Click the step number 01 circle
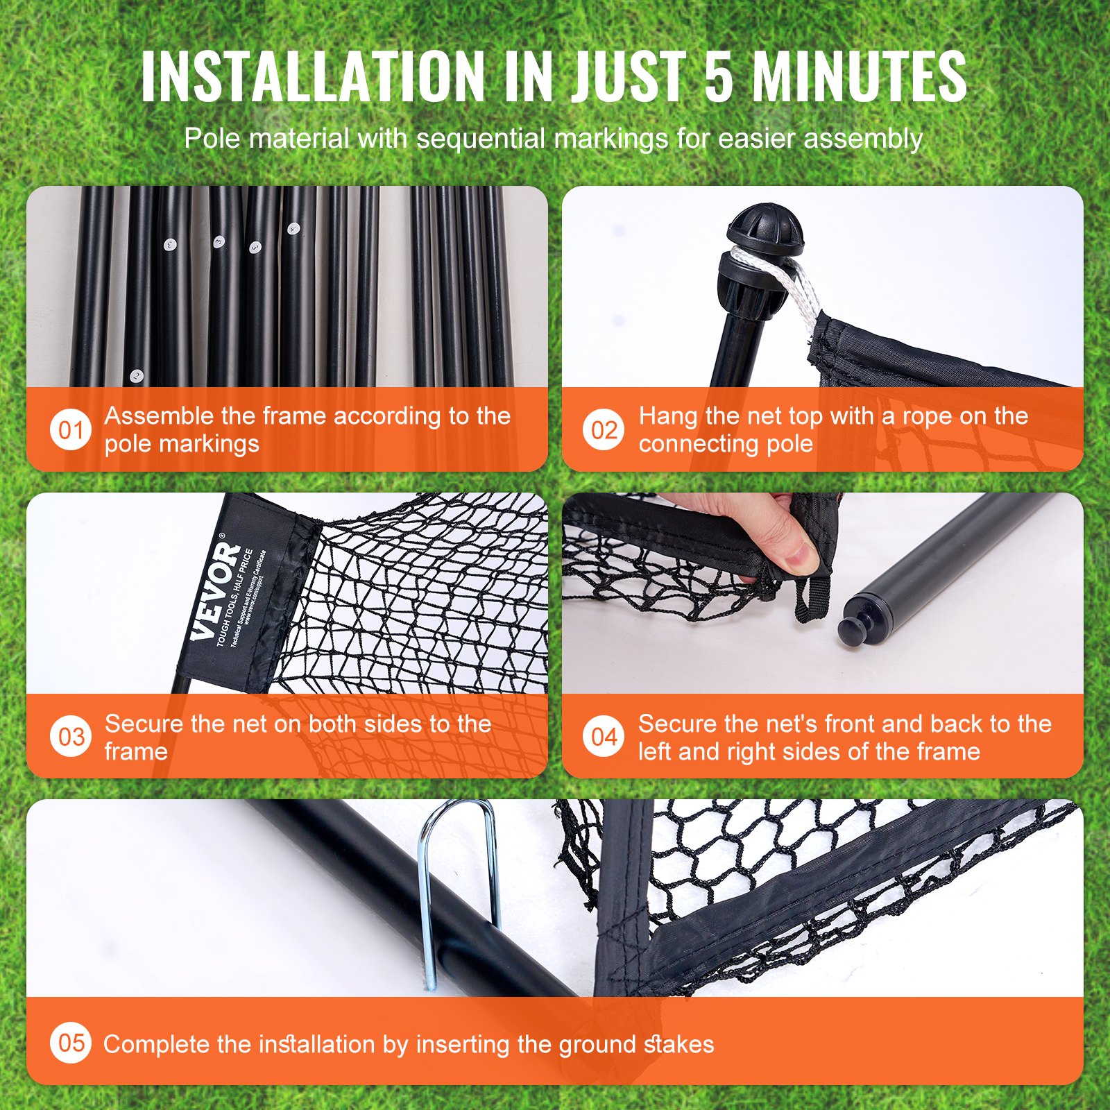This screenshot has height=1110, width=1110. coord(71,430)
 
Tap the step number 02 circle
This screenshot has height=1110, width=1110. coord(604,430)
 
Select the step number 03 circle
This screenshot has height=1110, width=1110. coord(71,737)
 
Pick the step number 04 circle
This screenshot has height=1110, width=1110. coord(604,737)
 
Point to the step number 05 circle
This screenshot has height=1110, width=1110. coord(71,1043)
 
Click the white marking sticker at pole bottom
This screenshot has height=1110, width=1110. coord(137,377)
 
